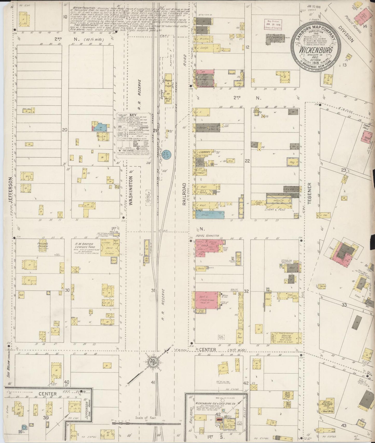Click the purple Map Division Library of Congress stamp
coord(274,24)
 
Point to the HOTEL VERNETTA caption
coord(208,236)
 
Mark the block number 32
coord(247,291)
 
